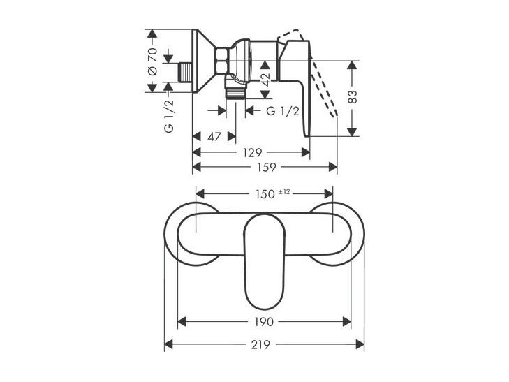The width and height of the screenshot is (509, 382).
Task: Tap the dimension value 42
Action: click(265, 80)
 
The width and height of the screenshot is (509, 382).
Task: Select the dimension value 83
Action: click(353, 96)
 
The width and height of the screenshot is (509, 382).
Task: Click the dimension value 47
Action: click(214, 137)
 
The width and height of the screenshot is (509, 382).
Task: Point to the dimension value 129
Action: click(252, 152)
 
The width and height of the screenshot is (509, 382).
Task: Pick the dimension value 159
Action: click(267, 168)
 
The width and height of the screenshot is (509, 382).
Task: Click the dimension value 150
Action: click(265, 194)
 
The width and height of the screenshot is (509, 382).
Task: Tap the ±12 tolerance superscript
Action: click(284, 192)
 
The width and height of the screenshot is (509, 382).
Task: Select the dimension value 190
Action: click(264, 322)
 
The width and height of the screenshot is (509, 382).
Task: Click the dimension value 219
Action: click(260, 345)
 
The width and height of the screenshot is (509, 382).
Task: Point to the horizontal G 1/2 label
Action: click(283, 111)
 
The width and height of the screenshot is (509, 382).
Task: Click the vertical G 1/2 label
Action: click(169, 115)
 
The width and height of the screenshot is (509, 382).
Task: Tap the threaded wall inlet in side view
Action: click(186, 72)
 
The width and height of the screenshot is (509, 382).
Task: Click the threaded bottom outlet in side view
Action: click(236, 93)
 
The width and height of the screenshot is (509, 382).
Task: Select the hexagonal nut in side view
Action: click(222, 61)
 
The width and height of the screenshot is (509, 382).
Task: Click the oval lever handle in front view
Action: click(264, 261)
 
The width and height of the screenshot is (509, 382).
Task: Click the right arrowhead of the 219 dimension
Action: click(360, 345)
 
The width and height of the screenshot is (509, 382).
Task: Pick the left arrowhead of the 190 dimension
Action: click(182, 322)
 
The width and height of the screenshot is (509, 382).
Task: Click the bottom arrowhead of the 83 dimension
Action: click(352, 132)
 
